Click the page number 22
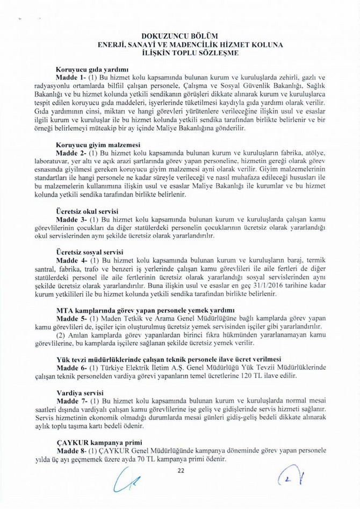tap(181, 470)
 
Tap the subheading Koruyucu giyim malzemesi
tap(98, 145)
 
